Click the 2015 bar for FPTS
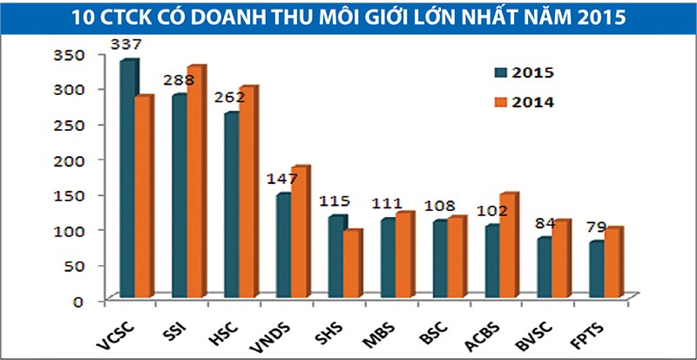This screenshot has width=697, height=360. (x=596, y=271)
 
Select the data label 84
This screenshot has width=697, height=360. (x=545, y=222)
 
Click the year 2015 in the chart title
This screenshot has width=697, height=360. (x=597, y=17)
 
